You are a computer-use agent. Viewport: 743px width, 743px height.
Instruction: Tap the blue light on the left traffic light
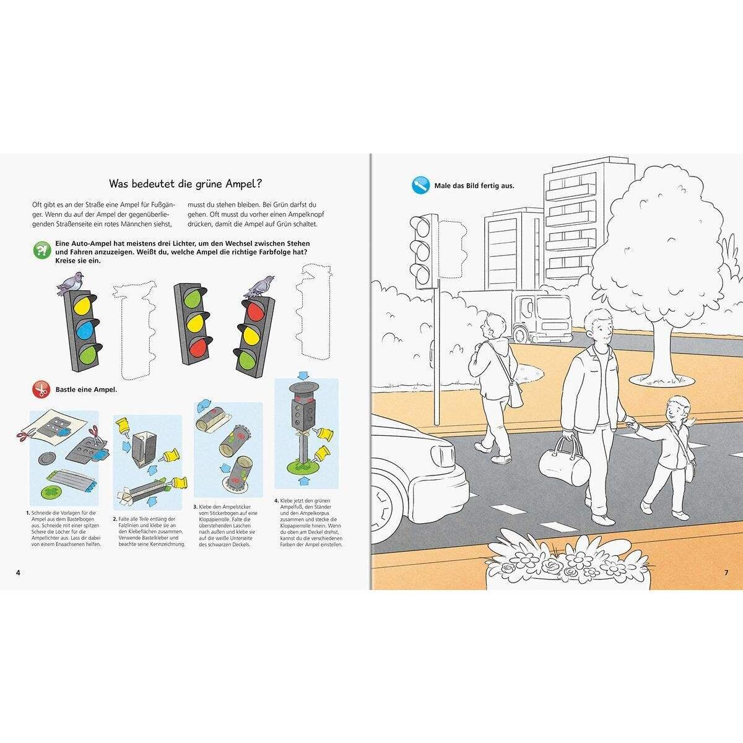click(x=84, y=329)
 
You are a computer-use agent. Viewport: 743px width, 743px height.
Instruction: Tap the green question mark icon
click(x=41, y=250)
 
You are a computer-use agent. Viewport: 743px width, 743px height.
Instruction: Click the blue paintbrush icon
click(x=420, y=185)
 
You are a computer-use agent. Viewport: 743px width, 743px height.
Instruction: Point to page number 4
click(x=18, y=571)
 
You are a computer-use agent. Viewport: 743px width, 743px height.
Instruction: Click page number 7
click(x=726, y=571)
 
